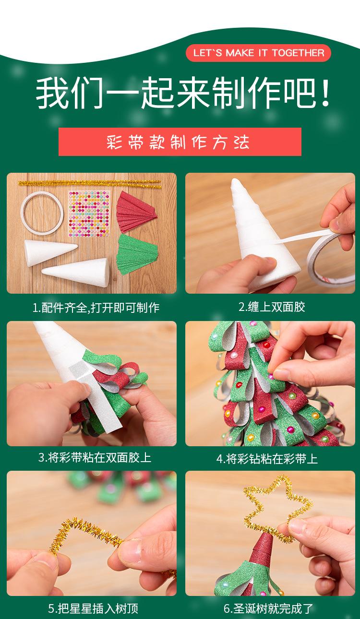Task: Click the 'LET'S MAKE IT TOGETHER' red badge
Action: click(258, 53)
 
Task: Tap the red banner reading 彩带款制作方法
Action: click(180, 142)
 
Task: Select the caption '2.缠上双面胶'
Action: click(272, 307)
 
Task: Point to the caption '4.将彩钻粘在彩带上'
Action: click(267, 459)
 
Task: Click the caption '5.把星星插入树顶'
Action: click(93, 608)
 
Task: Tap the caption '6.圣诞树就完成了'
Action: click(268, 608)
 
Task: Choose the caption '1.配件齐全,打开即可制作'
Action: click(96, 308)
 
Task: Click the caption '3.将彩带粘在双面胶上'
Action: click(95, 458)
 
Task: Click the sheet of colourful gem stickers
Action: click(89, 214)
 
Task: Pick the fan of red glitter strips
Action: click(135, 212)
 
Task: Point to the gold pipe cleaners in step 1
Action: click(89, 184)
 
